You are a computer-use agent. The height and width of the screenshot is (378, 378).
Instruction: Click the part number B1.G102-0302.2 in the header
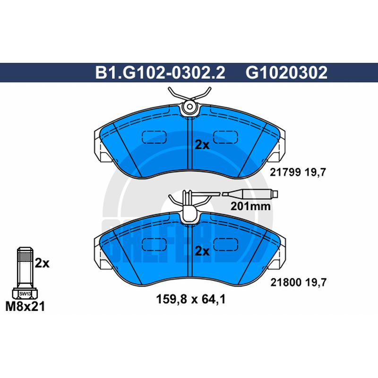tap(160, 72)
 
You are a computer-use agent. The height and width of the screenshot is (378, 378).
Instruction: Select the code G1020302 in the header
tap(287, 72)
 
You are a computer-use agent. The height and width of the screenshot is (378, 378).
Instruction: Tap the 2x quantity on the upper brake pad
tap(202, 145)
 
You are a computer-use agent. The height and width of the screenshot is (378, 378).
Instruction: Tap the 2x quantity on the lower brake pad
tap(202, 251)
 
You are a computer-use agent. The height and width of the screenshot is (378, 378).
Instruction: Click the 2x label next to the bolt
tap(42, 263)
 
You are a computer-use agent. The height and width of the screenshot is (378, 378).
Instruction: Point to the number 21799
tap(285, 172)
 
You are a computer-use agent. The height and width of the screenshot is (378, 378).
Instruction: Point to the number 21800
tap(286, 282)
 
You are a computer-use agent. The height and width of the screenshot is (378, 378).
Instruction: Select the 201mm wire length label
tap(250, 206)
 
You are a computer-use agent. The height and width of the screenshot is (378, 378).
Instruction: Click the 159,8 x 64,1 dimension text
tap(191, 300)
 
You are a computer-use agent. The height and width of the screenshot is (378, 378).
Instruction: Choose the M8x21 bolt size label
tap(25, 307)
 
